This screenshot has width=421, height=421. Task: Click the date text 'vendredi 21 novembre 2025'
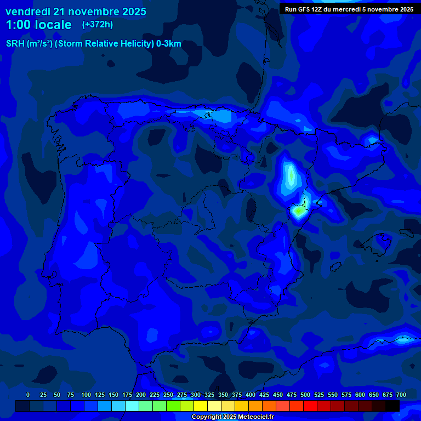pyautogui.click(x=76, y=12)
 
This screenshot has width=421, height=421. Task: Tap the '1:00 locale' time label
pyautogui.click(x=38, y=25)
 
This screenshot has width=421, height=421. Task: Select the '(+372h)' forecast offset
pyautogui.click(x=97, y=25)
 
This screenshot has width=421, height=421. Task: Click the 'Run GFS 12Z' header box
pyautogui.click(x=349, y=9)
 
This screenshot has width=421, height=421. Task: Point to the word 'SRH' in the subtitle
pyautogui.click(x=15, y=44)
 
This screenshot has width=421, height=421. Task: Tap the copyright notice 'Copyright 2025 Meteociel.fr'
pyautogui.click(x=232, y=417)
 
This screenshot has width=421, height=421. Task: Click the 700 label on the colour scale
pyautogui.click(x=401, y=395)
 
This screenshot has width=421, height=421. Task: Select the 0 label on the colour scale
pyautogui.click(x=28, y=395)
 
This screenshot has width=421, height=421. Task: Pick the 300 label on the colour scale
pyautogui.click(x=196, y=395)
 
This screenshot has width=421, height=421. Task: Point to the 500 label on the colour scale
pyautogui.click(x=305, y=395)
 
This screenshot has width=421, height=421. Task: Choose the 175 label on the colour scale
pyautogui.click(x=127, y=395)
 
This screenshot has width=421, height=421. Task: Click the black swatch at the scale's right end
pyautogui.click(x=392, y=406)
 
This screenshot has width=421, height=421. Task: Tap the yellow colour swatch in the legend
pyautogui.click(x=201, y=406)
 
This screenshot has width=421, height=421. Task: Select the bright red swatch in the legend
pyautogui.click(x=310, y=406)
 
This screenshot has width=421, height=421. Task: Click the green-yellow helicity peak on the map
pyautogui.click(x=298, y=210)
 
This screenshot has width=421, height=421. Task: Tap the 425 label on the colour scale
pyautogui.click(x=264, y=395)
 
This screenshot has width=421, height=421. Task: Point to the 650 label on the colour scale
pyautogui.click(x=374, y=395)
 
